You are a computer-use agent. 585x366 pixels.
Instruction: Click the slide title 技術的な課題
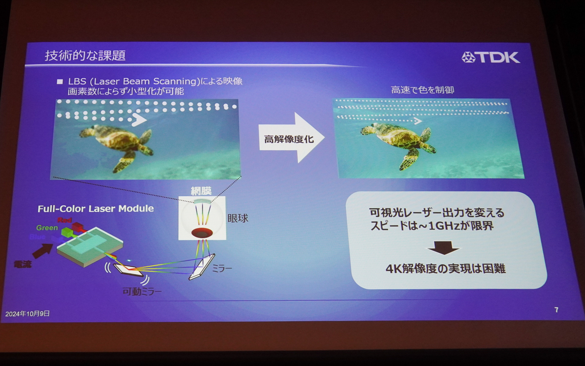coord(85,56)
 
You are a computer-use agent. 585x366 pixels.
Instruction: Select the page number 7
coord(556,310)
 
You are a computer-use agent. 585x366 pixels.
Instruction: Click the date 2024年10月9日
coord(27,314)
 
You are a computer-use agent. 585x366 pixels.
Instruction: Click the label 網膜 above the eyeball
coord(201,191)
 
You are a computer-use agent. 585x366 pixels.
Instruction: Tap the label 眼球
coord(238,218)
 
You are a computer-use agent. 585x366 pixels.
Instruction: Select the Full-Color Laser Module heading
coord(96,209)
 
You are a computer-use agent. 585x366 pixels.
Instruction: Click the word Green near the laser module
coord(47,228)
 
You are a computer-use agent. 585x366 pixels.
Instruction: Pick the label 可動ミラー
coord(142,292)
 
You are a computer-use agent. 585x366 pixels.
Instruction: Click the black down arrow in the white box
coord(443,247)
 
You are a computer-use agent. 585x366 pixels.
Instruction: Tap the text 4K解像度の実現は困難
coord(445,269)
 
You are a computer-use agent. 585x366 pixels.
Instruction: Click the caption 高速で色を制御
coord(422,90)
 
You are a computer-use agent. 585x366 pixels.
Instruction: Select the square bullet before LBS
coord(60,82)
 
